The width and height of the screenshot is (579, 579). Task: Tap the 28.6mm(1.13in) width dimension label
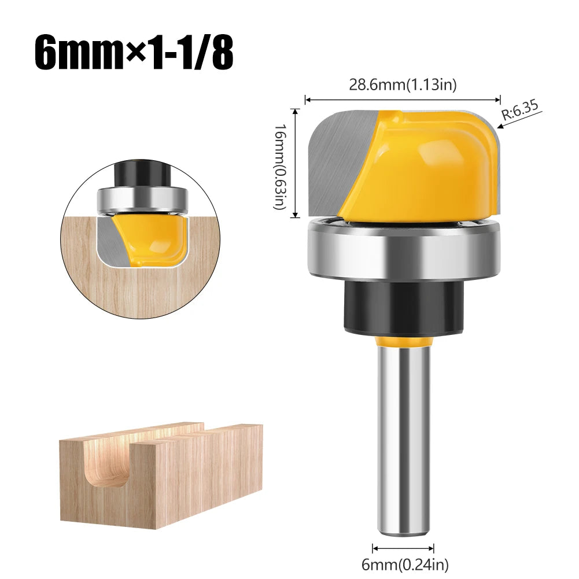click(x=403, y=85)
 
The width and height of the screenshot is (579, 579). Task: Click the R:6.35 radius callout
click(x=520, y=110)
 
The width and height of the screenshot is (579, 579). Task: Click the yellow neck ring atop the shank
click(x=403, y=343)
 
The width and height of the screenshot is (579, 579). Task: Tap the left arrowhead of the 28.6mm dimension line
click(x=308, y=99)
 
